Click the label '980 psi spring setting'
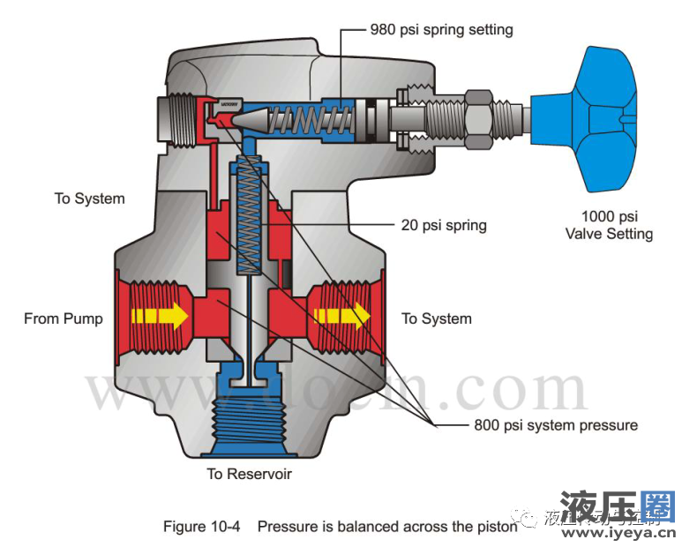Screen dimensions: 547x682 click(441, 30)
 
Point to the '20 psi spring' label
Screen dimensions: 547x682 click(444, 225)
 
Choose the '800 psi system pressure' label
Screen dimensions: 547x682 click(556, 425)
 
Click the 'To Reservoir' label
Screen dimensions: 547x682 click(249, 474)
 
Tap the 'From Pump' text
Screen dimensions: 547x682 click(64, 318)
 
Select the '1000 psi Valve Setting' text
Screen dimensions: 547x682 click(609, 225)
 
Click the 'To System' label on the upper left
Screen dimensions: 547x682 click(90, 199)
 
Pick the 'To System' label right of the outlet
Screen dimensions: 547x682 click(437, 318)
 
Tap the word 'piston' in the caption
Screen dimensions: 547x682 click(497, 527)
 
